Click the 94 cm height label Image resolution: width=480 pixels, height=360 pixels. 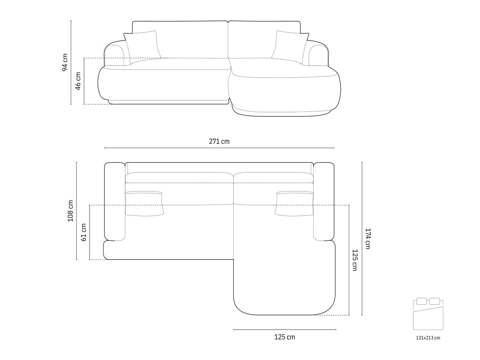coord(65,62)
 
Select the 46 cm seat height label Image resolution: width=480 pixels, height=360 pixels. coord(78,81)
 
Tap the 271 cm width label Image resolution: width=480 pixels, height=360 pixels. coord(219,142)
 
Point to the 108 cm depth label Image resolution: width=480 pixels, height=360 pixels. coord(70,211)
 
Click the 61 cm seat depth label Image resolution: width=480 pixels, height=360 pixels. coord(84,232)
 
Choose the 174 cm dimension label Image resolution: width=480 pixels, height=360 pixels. coord(368,239)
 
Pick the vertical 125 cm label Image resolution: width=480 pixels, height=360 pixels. coord(355,260)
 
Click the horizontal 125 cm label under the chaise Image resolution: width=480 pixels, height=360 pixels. coord(285,337)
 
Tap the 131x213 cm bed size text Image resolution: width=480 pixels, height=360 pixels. coord(428,338)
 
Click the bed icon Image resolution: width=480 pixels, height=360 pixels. coord(428,314)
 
